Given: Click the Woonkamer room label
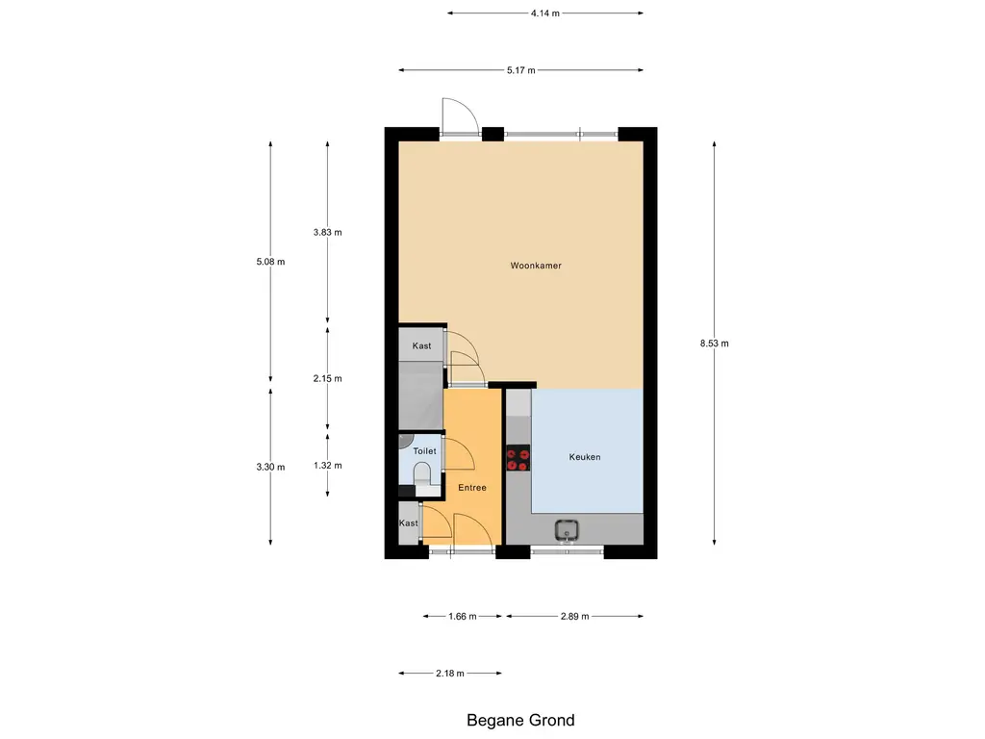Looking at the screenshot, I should pyautogui.click(x=536, y=266).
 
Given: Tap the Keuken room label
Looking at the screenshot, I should pyautogui.click(x=584, y=457).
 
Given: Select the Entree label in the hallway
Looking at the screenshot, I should pyautogui.click(x=471, y=488).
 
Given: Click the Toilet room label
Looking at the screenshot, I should pyautogui.click(x=424, y=450).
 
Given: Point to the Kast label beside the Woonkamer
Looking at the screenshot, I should pyautogui.click(x=421, y=345).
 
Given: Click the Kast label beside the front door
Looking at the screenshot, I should pyautogui.click(x=409, y=523).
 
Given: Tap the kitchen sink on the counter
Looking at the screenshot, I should pyautogui.click(x=566, y=528).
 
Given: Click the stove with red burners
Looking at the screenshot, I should pyautogui.click(x=518, y=460).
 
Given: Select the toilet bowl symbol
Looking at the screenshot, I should pyautogui.click(x=420, y=476).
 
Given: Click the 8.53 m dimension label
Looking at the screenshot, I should pyautogui.click(x=714, y=344).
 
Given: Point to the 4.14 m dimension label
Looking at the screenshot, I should pyautogui.click(x=544, y=13).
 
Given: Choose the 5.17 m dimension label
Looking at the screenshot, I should pyautogui.click(x=520, y=70).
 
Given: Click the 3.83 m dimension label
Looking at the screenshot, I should pyautogui.click(x=327, y=232).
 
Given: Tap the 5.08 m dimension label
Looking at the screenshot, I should pyautogui.click(x=270, y=262).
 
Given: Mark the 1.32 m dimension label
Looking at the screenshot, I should pyautogui.click(x=327, y=465).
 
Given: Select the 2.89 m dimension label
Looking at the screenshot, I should pyautogui.click(x=573, y=617).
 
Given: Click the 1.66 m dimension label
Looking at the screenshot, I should pyautogui.click(x=462, y=617).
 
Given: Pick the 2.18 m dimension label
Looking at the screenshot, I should pyautogui.click(x=449, y=674).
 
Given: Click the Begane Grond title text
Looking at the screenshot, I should pyautogui.click(x=520, y=720).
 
